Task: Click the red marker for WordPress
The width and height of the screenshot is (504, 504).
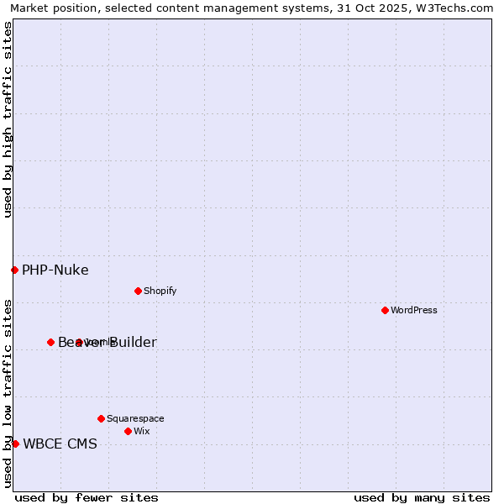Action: tap(385, 310)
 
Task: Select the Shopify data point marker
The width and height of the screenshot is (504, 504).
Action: tap(138, 291)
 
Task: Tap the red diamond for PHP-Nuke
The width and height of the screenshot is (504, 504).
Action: tap(14, 270)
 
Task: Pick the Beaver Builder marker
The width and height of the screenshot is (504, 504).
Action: tap(50, 342)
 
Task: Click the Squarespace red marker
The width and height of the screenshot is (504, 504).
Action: tap(101, 418)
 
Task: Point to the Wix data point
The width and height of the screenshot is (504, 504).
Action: tap(128, 431)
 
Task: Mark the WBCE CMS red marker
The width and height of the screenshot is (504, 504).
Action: tap(15, 444)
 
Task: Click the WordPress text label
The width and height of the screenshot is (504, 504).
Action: tap(414, 310)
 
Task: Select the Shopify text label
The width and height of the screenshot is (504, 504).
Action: tap(160, 291)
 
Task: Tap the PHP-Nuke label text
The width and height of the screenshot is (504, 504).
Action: tap(55, 270)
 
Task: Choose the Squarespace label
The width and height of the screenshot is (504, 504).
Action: tap(135, 418)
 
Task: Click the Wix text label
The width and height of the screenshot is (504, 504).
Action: tap(141, 431)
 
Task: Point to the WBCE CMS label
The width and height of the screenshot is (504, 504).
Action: tap(60, 444)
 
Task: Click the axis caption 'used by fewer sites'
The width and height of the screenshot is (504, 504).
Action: tap(87, 497)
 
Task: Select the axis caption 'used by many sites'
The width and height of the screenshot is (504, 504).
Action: tap(422, 497)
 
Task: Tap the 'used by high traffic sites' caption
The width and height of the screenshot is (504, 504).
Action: tap(8, 119)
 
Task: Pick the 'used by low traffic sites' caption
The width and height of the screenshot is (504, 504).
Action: tap(8, 393)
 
